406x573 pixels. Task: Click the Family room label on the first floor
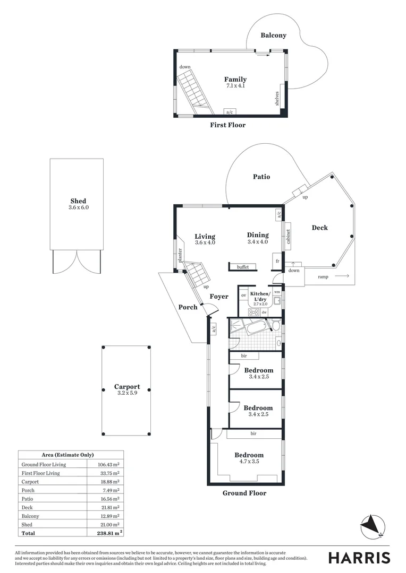pyautogui.click(x=235, y=80)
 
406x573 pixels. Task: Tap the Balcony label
pyautogui.click(x=273, y=36)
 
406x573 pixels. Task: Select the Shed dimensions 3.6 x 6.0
pyautogui.click(x=78, y=208)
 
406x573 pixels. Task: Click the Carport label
pyautogui.click(x=127, y=387)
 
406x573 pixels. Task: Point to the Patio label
pyautogui.click(x=261, y=177)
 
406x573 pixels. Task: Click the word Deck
pyautogui.click(x=319, y=228)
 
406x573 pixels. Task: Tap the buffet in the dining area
pyautogui.click(x=243, y=267)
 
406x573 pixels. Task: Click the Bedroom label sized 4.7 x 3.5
pyautogui.click(x=249, y=455)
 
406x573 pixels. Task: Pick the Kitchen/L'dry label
pyautogui.click(x=260, y=296)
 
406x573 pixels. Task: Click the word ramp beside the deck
pyautogui.click(x=323, y=277)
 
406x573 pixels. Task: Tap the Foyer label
pyautogui.click(x=218, y=297)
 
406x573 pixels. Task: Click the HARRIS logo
pyautogui.click(x=359, y=558)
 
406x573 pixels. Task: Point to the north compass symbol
pyautogui.click(x=371, y=527)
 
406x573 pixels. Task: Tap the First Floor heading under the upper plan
pyautogui.click(x=227, y=125)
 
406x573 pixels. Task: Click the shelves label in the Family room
pyautogui.click(x=277, y=98)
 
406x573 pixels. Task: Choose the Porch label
pyautogui.click(x=188, y=307)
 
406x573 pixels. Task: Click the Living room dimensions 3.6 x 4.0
pyautogui.click(x=205, y=242)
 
